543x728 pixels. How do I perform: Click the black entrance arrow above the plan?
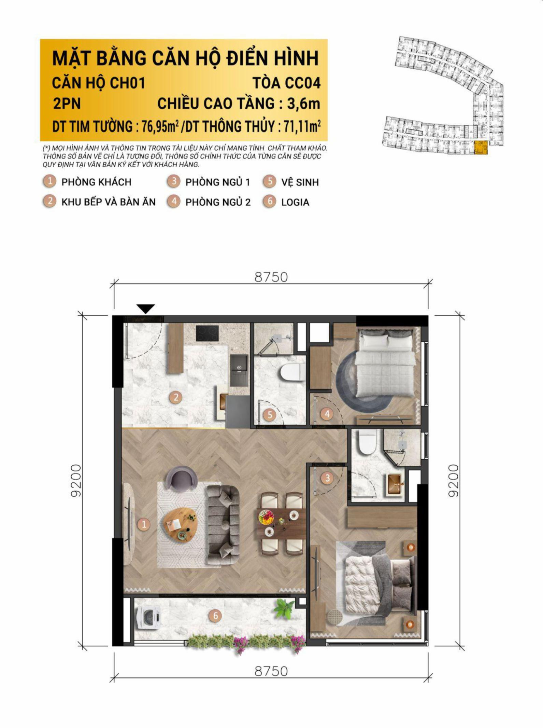click(146, 308)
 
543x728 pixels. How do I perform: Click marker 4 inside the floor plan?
click(327, 414)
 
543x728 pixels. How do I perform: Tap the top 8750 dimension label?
click(271, 277)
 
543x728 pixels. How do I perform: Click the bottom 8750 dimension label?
click(271, 671)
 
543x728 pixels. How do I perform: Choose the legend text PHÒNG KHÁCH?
click(96, 182)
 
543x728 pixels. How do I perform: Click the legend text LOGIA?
click(295, 202)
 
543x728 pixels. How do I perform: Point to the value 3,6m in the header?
click(303, 104)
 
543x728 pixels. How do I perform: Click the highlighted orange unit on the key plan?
click(481, 147)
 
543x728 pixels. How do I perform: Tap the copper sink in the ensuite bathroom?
click(395, 483)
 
